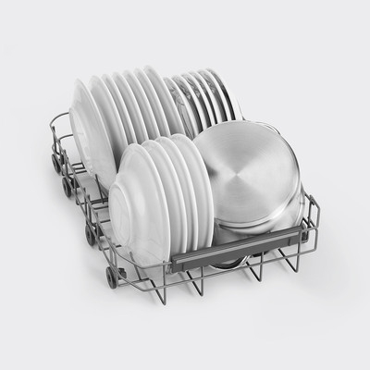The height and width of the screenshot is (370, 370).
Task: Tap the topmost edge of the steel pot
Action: (x=250, y=117)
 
